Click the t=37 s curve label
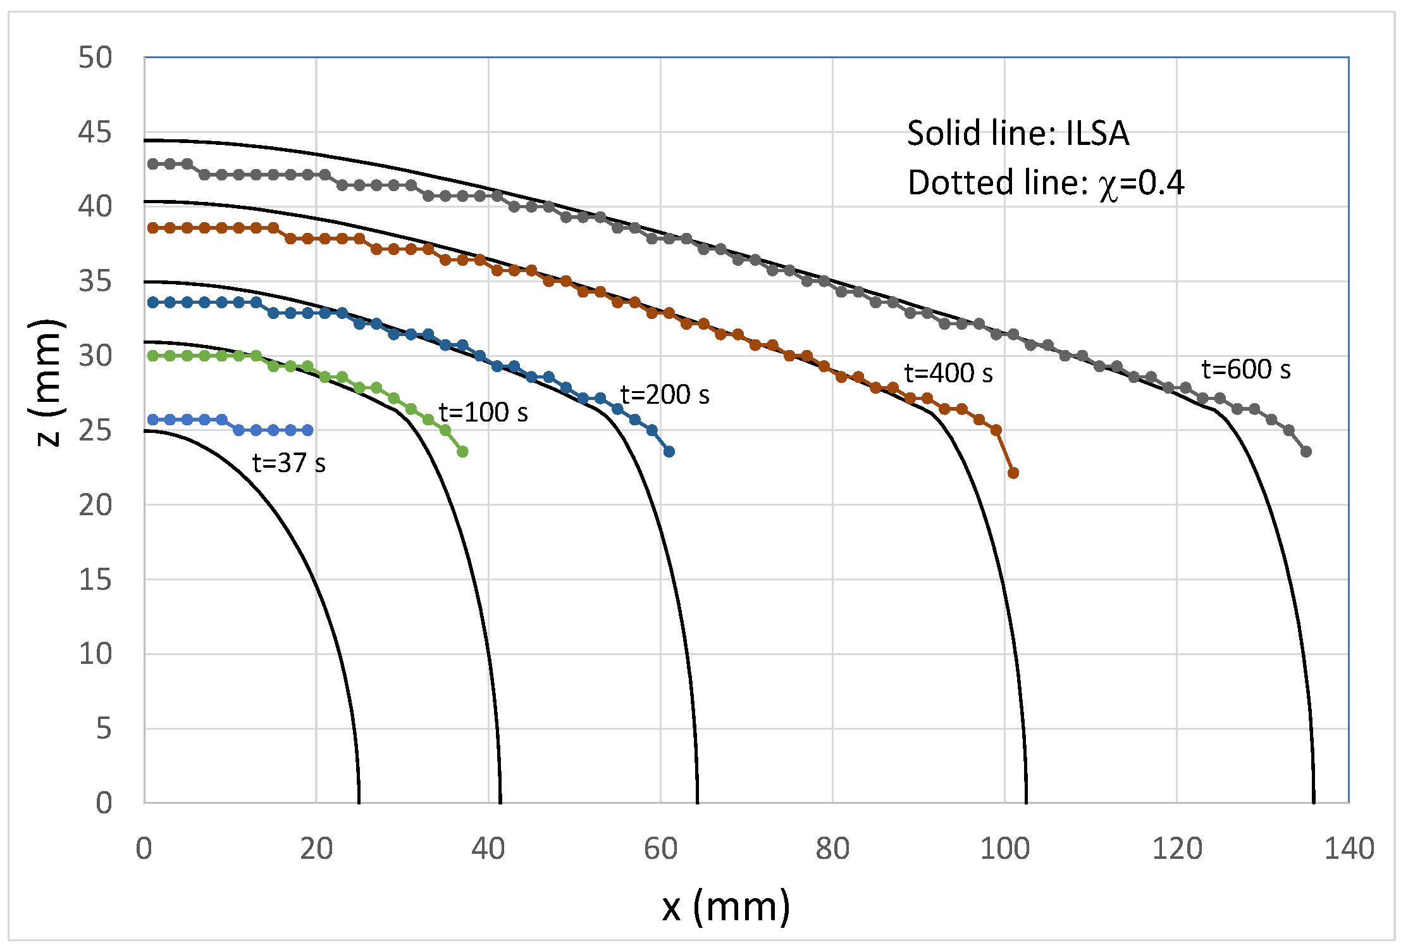tap(289, 463)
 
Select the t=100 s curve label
tap(483, 413)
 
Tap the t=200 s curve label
tap(665, 395)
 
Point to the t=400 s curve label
tap(948, 373)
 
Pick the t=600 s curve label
tap(1246, 370)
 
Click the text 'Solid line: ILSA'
tap(1018, 134)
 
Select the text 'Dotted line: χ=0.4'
tap(1046, 184)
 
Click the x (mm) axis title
tap(726, 906)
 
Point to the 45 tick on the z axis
tap(95, 132)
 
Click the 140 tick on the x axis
tap(1349, 849)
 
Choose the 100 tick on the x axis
tap(1004, 849)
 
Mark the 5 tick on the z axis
tap(104, 728)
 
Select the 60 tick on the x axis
tap(660, 849)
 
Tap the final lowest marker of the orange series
tap(1013, 473)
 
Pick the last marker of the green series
tap(462, 452)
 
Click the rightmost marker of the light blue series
tap(308, 430)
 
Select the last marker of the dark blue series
tap(669, 452)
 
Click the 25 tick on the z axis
tap(95, 430)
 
